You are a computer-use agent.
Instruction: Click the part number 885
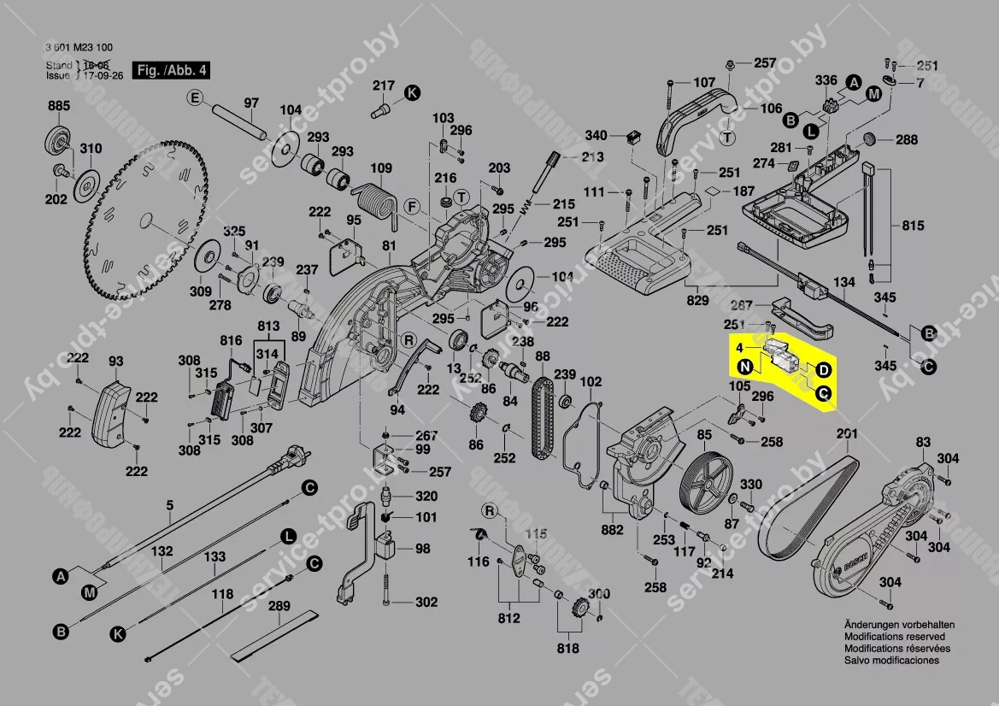[x=58, y=106]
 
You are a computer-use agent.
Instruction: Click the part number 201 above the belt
[x=846, y=434]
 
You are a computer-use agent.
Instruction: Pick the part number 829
[x=697, y=300]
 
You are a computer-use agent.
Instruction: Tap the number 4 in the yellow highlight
[x=739, y=349]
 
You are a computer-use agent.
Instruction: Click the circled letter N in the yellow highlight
[x=746, y=368]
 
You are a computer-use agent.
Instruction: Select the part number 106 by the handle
[x=771, y=109]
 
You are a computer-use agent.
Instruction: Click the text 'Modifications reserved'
[x=894, y=637]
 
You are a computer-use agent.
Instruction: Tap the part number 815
[x=913, y=226]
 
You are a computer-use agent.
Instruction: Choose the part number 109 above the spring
[x=380, y=168]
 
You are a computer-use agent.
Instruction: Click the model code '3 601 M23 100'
[x=79, y=48]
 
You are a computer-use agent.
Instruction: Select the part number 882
[x=612, y=530]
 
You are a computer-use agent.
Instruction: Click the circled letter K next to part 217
[x=412, y=91]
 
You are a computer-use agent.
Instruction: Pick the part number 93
[x=115, y=362]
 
